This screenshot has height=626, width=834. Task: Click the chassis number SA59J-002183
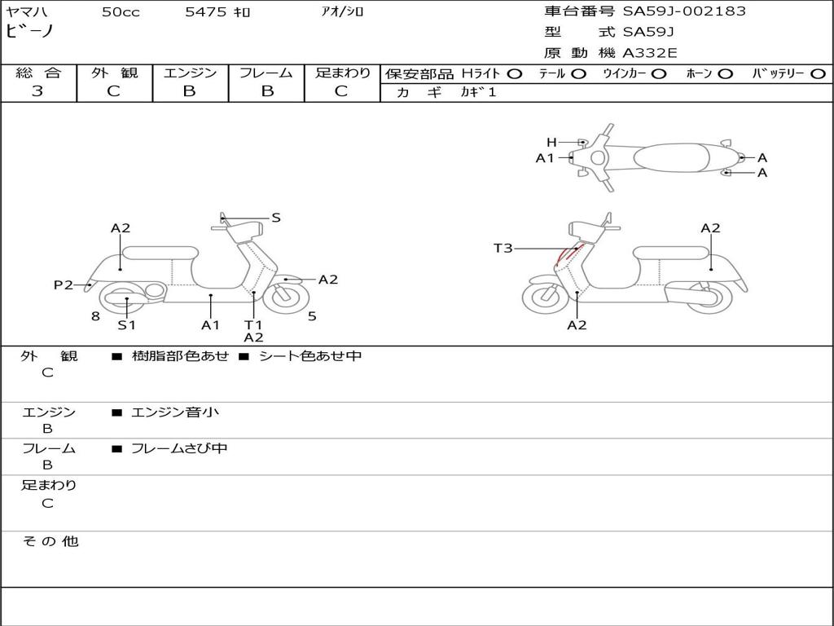click(684, 11)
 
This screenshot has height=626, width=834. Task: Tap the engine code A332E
click(650, 53)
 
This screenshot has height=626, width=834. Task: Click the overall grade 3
click(37, 91)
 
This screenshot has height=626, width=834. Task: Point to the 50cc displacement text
click(121, 12)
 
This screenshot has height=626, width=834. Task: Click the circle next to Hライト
click(514, 73)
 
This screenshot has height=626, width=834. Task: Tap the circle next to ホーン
click(725, 73)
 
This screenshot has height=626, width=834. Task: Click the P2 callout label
click(64, 284)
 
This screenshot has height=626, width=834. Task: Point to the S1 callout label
click(126, 324)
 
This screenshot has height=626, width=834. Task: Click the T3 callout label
click(503, 248)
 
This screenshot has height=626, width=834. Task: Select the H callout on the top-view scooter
click(551, 142)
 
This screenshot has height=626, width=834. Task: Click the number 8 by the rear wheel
click(95, 316)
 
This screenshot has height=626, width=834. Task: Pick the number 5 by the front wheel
click(312, 316)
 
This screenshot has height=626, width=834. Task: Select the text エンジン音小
click(175, 412)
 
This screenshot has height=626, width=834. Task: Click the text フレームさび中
click(179, 448)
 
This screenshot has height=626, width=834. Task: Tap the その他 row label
click(50, 541)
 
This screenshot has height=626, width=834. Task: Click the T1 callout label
click(253, 324)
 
